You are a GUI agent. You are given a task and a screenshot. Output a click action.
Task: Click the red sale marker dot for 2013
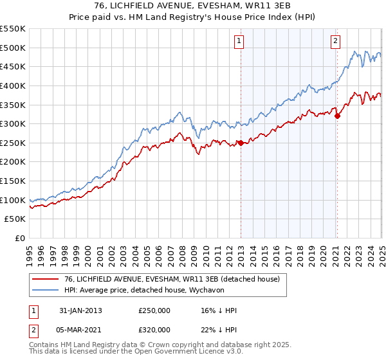pyautogui.click(x=241, y=143)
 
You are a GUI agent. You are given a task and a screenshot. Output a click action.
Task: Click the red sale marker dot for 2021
pyautogui.click(x=336, y=116)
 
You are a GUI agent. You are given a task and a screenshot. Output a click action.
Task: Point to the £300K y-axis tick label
pyautogui.click(x=13, y=123)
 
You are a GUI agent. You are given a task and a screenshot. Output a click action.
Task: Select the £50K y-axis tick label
pyautogui.click(x=15, y=219)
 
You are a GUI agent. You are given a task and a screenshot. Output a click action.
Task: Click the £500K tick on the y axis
pyautogui.click(x=13, y=48)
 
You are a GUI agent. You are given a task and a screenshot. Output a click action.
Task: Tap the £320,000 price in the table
pyautogui.click(x=154, y=330)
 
